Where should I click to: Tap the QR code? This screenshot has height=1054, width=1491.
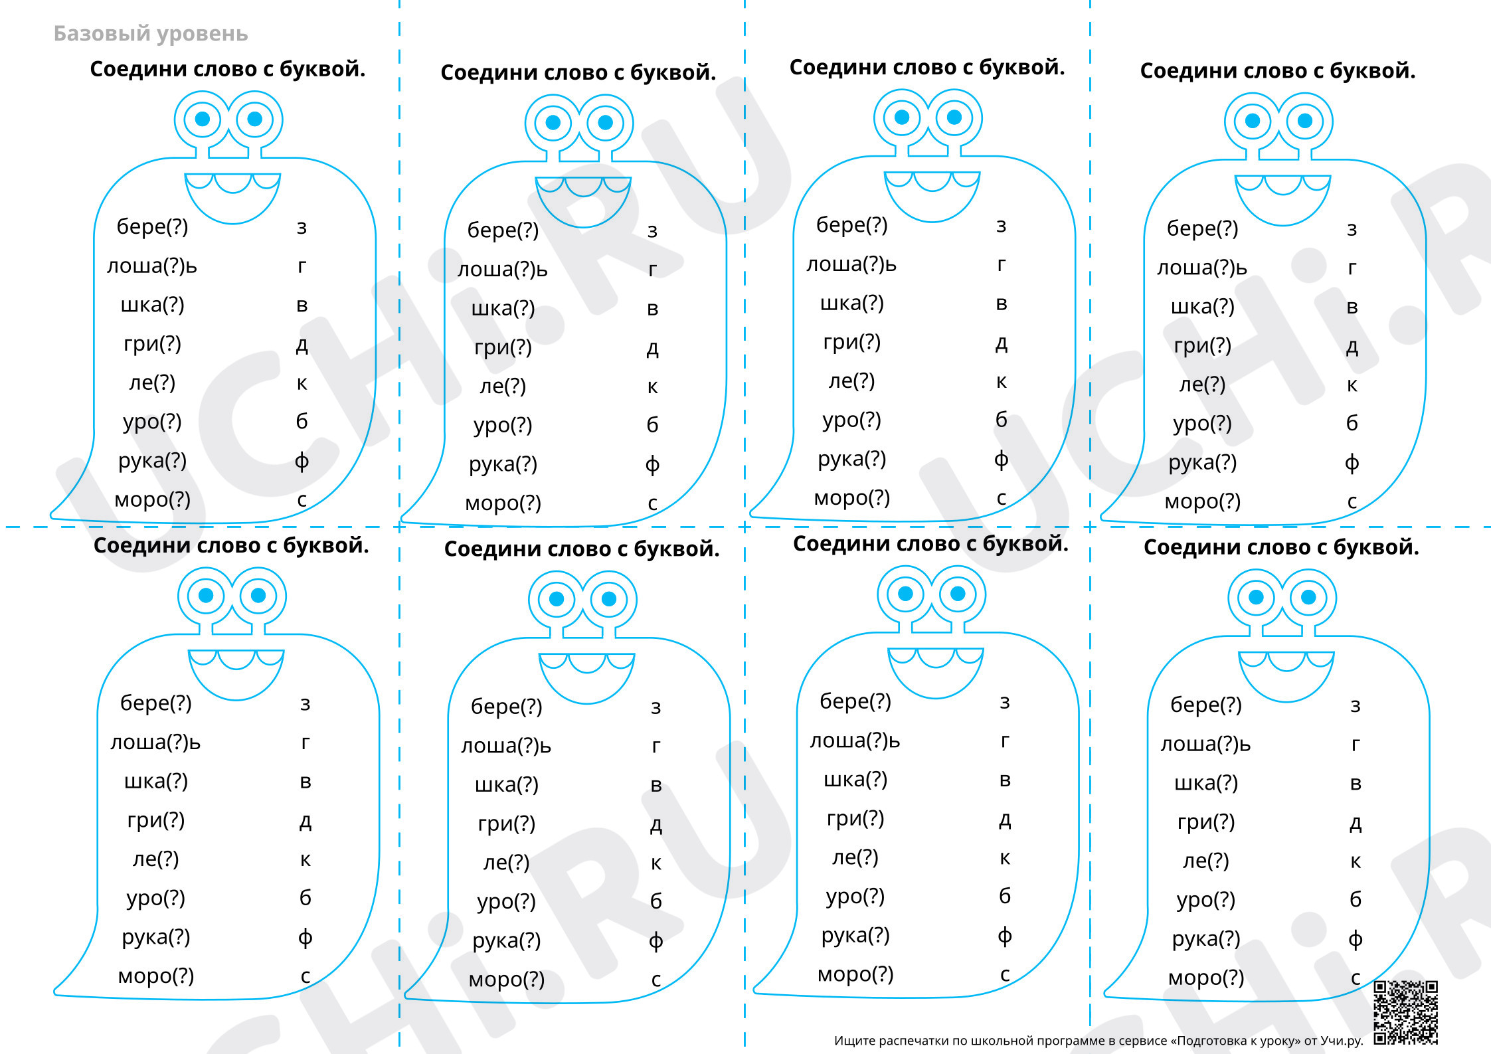pos(1405,1013)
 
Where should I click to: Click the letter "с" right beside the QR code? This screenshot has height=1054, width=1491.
pos(1356,978)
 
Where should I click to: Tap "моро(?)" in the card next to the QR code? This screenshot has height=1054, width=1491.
pos(1206,978)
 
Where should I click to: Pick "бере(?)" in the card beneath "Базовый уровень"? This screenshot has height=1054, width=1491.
pos(152,226)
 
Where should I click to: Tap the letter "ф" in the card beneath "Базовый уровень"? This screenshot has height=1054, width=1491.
pos(302,460)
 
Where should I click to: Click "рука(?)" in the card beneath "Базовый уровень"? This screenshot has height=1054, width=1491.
pos(152,460)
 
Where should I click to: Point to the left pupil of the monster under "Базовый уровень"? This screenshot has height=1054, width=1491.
pos(203,119)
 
